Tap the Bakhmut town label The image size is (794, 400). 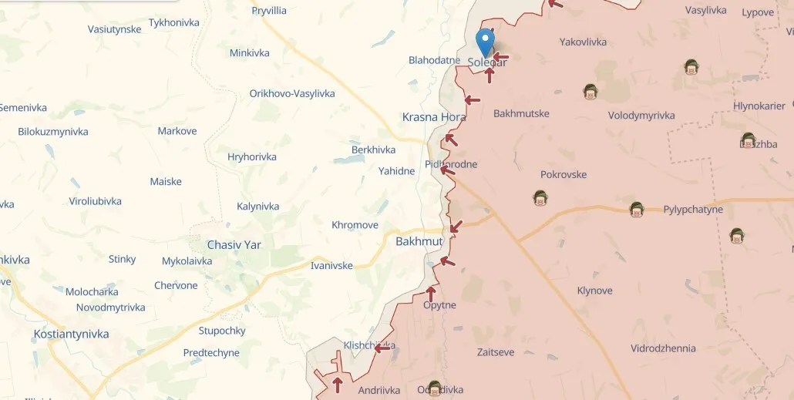coord(419,241)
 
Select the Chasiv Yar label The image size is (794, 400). coord(234,245)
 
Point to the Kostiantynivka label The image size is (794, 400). coord(71,334)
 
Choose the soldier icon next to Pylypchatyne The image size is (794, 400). coord(636,209)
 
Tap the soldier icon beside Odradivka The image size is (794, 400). coord(435,388)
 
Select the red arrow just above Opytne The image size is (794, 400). coord(431,293)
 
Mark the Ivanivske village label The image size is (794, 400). coord(331,266)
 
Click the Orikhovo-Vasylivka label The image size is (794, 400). coord(292,93)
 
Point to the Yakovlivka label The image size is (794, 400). coord(583,42)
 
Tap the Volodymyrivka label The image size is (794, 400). coord(641,116)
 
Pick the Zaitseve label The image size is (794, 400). coord(496,352)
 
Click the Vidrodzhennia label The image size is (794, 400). coord(663,348)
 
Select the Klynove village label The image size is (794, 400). coord(594,291)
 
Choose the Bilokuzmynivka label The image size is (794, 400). coord(53,132)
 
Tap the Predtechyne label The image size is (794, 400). coord(211,353)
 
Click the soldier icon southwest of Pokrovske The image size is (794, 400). coord(540,198)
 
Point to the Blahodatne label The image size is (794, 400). coord(434,60)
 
